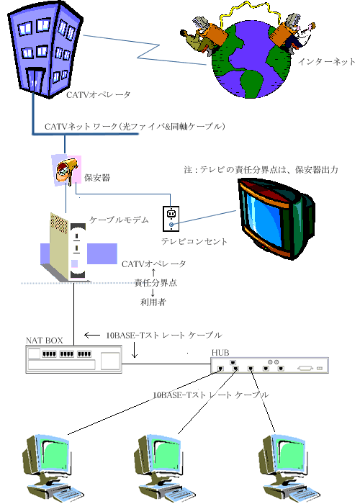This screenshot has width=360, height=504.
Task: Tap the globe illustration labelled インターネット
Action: [x=250, y=61]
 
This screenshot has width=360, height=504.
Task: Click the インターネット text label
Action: [x=326, y=61]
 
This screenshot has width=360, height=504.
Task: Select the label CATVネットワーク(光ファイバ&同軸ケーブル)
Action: [x=135, y=126]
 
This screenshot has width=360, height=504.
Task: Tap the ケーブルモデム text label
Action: [x=119, y=220]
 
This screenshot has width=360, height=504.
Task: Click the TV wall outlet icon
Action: [x=171, y=219]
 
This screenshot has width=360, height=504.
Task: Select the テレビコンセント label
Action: [x=194, y=241]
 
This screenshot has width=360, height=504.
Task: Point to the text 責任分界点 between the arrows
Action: [x=156, y=283]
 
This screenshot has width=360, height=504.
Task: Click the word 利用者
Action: [x=153, y=302]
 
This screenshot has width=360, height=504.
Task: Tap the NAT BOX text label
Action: [x=45, y=341]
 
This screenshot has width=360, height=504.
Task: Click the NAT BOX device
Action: [x=74, y=359]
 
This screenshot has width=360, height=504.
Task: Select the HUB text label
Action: [x=220, y=353]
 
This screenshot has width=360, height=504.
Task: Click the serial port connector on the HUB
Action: [x=305, y=368]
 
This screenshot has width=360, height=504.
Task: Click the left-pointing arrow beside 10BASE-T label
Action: [x=92, y=336]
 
